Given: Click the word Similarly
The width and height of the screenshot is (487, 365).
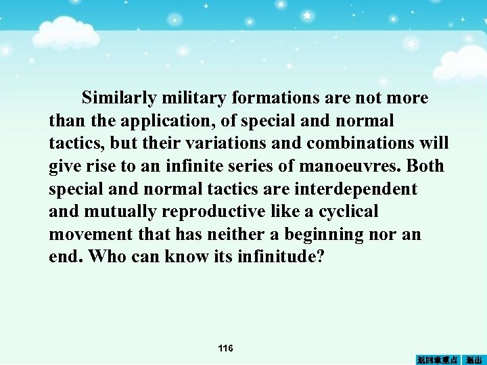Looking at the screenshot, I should click(119, 99).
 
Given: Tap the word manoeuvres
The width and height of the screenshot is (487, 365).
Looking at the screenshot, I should click(356, 167).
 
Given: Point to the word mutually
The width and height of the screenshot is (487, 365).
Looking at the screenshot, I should click(123, 212).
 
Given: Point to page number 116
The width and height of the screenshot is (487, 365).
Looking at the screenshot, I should click(226, 348).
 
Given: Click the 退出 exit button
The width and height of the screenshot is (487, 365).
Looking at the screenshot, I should click(474, 359).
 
